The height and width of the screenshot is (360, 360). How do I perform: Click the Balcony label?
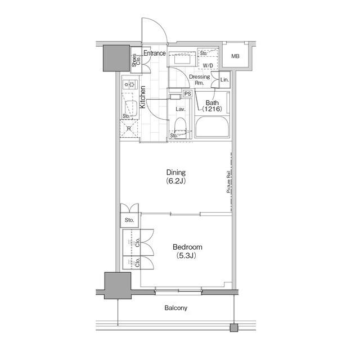pyautogui.click(x=176, y=308)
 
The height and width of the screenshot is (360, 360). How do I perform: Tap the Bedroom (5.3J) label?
pyautogui.click(x=187, y=251)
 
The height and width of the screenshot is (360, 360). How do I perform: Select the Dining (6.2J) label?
pyautogui.click(x=176, y=177)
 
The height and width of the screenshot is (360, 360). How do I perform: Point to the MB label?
pyautogui.click(x=235, y=56)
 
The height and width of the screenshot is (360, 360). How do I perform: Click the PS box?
pyautogui.click(x=187, y=94)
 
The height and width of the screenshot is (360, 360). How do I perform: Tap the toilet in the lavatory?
pyautogui.click(x=180, y=127)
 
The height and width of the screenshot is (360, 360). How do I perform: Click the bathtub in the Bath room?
pyautogui.click(x=212, y=127)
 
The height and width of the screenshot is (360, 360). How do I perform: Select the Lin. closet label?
pyautogui.click(x=224, y=80)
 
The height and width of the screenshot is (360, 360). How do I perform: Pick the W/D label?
pyautogui.click(x=208, y=66)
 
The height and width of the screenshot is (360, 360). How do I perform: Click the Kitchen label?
pyautogui.click(x=142, y=97)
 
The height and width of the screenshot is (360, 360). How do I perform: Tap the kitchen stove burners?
pyautogui.click(x=130, y=84)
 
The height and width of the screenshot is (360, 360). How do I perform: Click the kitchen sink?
pyautogui.click(x=130, y=108)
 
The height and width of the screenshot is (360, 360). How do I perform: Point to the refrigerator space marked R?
pyautogui.click(x=129, y=129)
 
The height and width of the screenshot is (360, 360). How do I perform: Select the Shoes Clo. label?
pyautogui.click(x=136, y=60)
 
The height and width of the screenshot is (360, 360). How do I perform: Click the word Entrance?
pyautogui.click(x=155, y=53)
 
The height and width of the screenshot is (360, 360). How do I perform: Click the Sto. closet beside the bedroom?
pyautogui.click(x=129, y=220)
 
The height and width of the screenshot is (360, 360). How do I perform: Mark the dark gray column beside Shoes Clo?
pyautogui.click(x=116, y=58)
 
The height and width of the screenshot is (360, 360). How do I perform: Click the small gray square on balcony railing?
pyautogui.click(x=234, y=327)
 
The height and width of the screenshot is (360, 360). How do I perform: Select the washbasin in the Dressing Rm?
pyautogui.click(x=182, y=59)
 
